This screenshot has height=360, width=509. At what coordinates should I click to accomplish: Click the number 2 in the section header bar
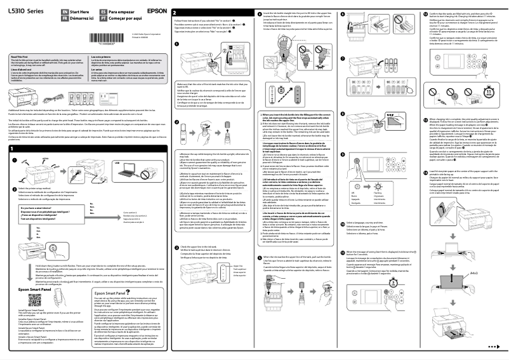pyautogui.click(x=175, y=12)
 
